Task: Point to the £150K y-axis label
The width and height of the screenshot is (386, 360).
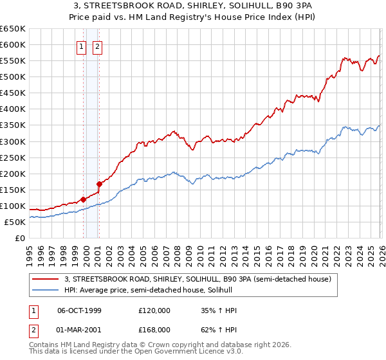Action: point(13,190)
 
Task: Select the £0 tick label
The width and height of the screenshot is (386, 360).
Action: point(19,239)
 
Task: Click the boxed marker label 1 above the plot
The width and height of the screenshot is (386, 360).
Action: point(82,46)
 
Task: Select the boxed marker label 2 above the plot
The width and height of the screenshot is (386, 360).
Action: point(97,46)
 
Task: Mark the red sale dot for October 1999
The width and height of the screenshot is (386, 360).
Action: point(84,199)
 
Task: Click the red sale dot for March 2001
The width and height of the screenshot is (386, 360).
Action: point(99,184)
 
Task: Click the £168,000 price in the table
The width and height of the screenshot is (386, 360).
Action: point(154,329)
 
